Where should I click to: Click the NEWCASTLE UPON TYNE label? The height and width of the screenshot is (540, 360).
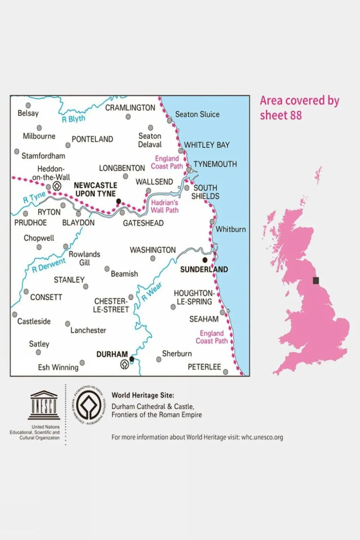tap(95, 190)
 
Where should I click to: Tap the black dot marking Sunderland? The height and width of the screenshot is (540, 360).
tap(205, 260)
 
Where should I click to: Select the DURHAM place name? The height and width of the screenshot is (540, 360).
tap(112, 354)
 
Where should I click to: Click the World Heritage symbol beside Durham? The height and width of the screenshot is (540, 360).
tap(124, 364)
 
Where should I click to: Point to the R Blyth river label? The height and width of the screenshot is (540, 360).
tap(74, 119)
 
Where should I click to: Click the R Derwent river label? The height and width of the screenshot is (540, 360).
tap(49, 265)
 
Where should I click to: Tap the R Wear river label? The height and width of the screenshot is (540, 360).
tap(152, 292)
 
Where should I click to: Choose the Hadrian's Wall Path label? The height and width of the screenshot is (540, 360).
tap(164, 206)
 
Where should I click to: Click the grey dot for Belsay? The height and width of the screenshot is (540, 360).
tap(28, 105)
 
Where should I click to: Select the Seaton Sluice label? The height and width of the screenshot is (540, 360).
tap(197, 114)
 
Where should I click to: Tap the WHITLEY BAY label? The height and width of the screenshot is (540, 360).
tap(206, 145)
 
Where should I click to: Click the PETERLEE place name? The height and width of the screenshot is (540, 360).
tap(204, 367)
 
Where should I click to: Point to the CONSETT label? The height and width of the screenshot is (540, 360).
tap(46, 297)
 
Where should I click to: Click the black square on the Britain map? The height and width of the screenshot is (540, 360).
tap(316, 280)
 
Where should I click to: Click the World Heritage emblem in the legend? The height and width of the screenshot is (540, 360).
tap(89, 406)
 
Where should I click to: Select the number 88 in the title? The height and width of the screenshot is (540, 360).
tap(295, 116)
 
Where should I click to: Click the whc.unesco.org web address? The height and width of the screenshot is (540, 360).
tap(262, 437)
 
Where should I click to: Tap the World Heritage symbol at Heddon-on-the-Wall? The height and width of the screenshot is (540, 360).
tap(57, 186)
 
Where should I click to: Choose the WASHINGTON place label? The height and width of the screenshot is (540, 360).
tap(152, 250)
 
